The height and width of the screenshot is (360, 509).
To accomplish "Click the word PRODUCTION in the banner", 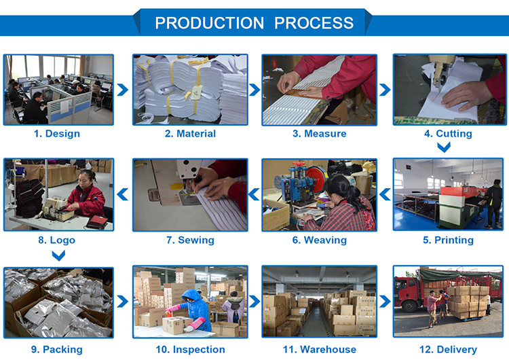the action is coord(210,22).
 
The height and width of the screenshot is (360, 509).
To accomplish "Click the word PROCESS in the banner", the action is coord(314,22).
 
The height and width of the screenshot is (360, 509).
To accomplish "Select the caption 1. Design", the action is coord(57,134).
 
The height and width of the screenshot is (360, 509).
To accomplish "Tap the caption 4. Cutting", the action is coord(449,134).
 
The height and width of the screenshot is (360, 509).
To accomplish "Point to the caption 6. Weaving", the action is coord(320,240).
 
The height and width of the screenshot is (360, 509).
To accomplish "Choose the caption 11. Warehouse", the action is coord(320,349).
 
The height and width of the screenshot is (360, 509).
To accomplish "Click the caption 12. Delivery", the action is coord(449,349).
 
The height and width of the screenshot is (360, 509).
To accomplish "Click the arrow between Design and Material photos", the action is coord(123,90).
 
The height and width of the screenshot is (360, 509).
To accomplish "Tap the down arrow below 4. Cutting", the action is coord(444,147).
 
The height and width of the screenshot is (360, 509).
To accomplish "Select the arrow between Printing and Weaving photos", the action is coord(385,194).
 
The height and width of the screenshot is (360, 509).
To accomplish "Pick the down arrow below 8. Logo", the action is coord(58,255).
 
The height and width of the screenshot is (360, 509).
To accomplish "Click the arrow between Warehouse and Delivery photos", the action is coord(385,302).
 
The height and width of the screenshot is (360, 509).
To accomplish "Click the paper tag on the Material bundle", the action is coord(197,93).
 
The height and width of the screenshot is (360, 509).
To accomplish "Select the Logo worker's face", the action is coord(84,179).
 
